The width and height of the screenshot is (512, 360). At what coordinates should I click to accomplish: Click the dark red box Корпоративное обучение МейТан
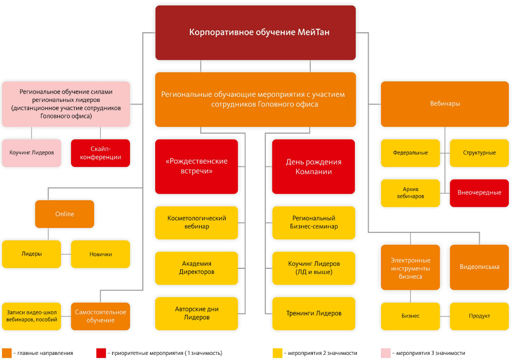[x=255, y=32]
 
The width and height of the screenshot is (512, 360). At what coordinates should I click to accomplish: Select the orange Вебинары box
[x=445, y=103]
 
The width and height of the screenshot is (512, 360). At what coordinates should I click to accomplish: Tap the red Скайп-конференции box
[x=100, y=153]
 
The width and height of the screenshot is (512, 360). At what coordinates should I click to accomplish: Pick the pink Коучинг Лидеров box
[x=31, y=153]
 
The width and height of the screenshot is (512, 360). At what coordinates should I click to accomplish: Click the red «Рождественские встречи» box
[x=197, y=166]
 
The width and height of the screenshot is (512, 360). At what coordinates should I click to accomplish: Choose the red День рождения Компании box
[x=313, y=166]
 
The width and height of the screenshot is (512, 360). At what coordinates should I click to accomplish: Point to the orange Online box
[x=65, y=214]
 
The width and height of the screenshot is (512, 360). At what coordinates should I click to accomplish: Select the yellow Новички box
[x=100, y=254]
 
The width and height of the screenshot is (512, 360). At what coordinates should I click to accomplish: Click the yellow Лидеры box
[x=31, y=254]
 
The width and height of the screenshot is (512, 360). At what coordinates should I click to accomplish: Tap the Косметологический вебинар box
[x=197, y=222]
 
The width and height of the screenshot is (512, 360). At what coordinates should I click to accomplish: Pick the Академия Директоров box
[x=197, y=268]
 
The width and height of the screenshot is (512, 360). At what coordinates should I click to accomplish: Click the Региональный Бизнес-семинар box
[x=313, y=222]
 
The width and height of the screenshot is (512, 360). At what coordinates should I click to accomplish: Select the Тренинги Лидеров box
[x=313, y=313]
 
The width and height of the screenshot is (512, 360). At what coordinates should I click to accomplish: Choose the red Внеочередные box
[x=479, y=193]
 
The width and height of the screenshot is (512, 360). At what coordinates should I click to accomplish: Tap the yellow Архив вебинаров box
[x=410, y=193]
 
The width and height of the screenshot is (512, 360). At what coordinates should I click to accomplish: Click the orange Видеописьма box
[x=479, y=267]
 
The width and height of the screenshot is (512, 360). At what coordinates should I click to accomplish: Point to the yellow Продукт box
[x=479, y=316]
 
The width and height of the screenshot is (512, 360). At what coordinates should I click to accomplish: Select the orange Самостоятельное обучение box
[x=100, y=316]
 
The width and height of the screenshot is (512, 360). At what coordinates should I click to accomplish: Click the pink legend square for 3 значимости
[x=385, y=353]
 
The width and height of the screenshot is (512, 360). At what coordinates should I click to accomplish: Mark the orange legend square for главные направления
[x=7, y=353]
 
